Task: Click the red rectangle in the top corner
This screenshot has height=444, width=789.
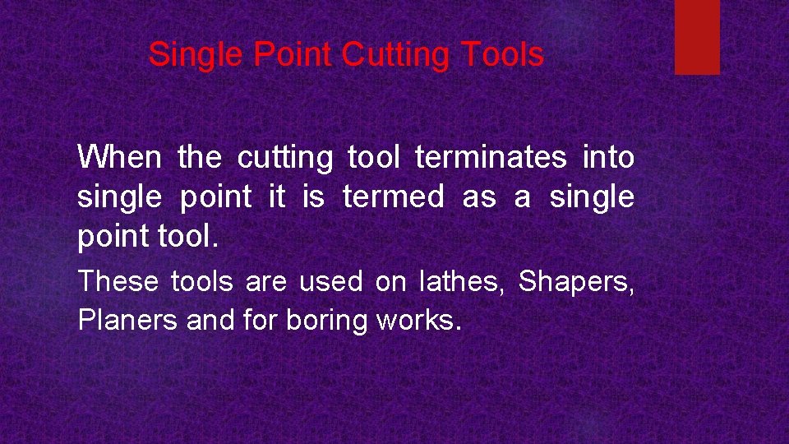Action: coord(697,36)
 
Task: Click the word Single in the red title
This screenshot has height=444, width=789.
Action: coord(196,55)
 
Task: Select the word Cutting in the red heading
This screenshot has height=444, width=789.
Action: coord(397,56)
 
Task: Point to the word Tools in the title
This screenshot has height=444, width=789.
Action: coord(502,55)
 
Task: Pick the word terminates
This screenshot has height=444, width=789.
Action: coord(491,157)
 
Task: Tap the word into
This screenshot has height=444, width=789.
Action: coord(608,157)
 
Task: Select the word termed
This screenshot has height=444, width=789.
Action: coord(393,197)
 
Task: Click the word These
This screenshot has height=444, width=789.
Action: coord(118,282)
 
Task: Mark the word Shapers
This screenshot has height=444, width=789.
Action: coord(575,283)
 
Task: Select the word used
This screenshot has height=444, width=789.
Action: coord(330,282)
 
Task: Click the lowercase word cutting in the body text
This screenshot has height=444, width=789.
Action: coord(285,158)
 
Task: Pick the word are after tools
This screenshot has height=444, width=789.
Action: coord(265,283)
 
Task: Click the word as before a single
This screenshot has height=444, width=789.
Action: coord(478,197)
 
